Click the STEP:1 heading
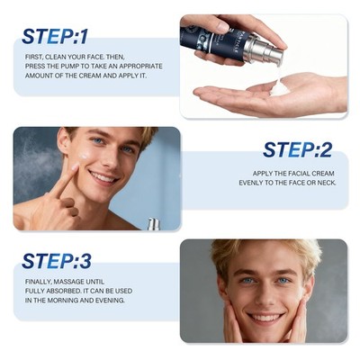(x=55, y=37)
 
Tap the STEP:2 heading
(x=297, y=149)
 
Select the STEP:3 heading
(x=57, y=261)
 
